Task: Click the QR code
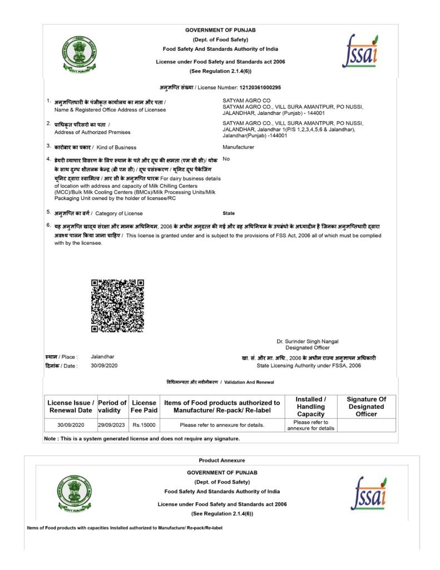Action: pyautogui.click(x=117, y=306)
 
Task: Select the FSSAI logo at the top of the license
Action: pyautogui.click(x=360, y=50)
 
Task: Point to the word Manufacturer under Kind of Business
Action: pyautogui.click(x=238, y=147)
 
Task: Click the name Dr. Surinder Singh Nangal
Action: pyautogui.click(x=307, y=341)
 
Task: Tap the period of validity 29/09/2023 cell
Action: pyautogui.click(x=112, y=425)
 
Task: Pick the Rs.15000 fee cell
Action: pyautogui.click(x=144, y=425)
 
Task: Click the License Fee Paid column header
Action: pyautogui.click(x=144, y=406)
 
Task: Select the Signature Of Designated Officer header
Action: pyautogui.click(x=366, y=406)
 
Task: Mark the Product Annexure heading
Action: pyautogui.click(x=221, y=460)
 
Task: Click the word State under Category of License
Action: pyautogui.click(x=228, y=213)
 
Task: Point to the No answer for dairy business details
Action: pyautogui.click(x=226, y=159)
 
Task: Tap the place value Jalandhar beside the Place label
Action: pyautogui.click(x=102, y=356)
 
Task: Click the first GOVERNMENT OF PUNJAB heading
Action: pyautogui.click(x=220, y=30)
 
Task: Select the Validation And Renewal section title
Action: pyautogui.click(x=220, y=382)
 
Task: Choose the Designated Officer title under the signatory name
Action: pyautogui.click(x=307, y=348)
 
